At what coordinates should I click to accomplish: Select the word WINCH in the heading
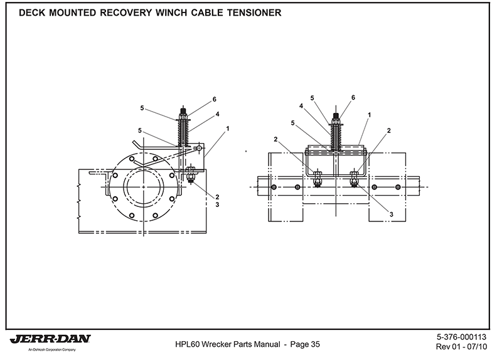(x=154, y=13)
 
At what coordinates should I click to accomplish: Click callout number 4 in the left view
(x=217, y=114)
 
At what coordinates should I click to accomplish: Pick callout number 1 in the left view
(x=228, y=129)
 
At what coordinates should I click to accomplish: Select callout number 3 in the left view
(x=218, y=204)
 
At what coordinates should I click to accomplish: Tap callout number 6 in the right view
(x=353, y=98)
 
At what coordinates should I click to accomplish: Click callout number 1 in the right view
(x=370, y=115)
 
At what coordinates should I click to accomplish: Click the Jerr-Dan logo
(x=50, y=339)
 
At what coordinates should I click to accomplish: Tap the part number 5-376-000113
(x=461, y=336)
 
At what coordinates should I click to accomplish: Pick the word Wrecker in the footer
(x=222, y=344)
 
